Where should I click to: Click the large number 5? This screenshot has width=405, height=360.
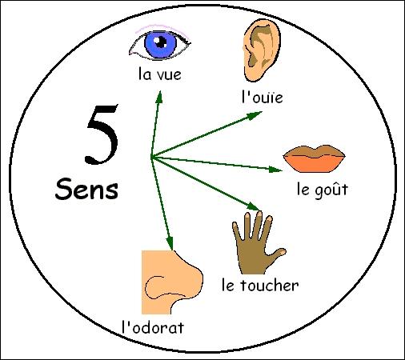tap(102, 134)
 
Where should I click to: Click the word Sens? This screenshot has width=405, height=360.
tap(86, 189)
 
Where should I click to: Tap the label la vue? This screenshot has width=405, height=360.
tap(160, 74)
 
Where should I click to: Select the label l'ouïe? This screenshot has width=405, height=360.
tap(262, 98)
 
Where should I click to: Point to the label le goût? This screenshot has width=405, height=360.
tap(323, 190)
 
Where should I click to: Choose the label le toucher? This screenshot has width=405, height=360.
tap(260, 285)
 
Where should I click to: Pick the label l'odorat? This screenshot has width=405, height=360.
tap(153, 327)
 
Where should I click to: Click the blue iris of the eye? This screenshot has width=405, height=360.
tap(160, 44)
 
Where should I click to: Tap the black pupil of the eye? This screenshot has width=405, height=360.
tap(161, 42)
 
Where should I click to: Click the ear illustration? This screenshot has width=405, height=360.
tap(262, 50)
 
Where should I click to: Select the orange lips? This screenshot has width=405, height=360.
tap(314, 158)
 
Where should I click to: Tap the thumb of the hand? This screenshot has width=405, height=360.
tap(278, 254)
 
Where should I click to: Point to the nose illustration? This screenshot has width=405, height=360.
tap(170, 282)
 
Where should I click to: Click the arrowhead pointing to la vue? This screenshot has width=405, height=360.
tap(159, 97)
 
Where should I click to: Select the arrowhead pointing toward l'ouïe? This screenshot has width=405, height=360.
tap(255, 116)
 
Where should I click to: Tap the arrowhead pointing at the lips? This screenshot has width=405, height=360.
tap(275, 170)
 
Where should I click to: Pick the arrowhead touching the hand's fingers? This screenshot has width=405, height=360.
tap(253, 206)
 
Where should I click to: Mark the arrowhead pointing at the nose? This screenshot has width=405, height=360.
tap(170, 243)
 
